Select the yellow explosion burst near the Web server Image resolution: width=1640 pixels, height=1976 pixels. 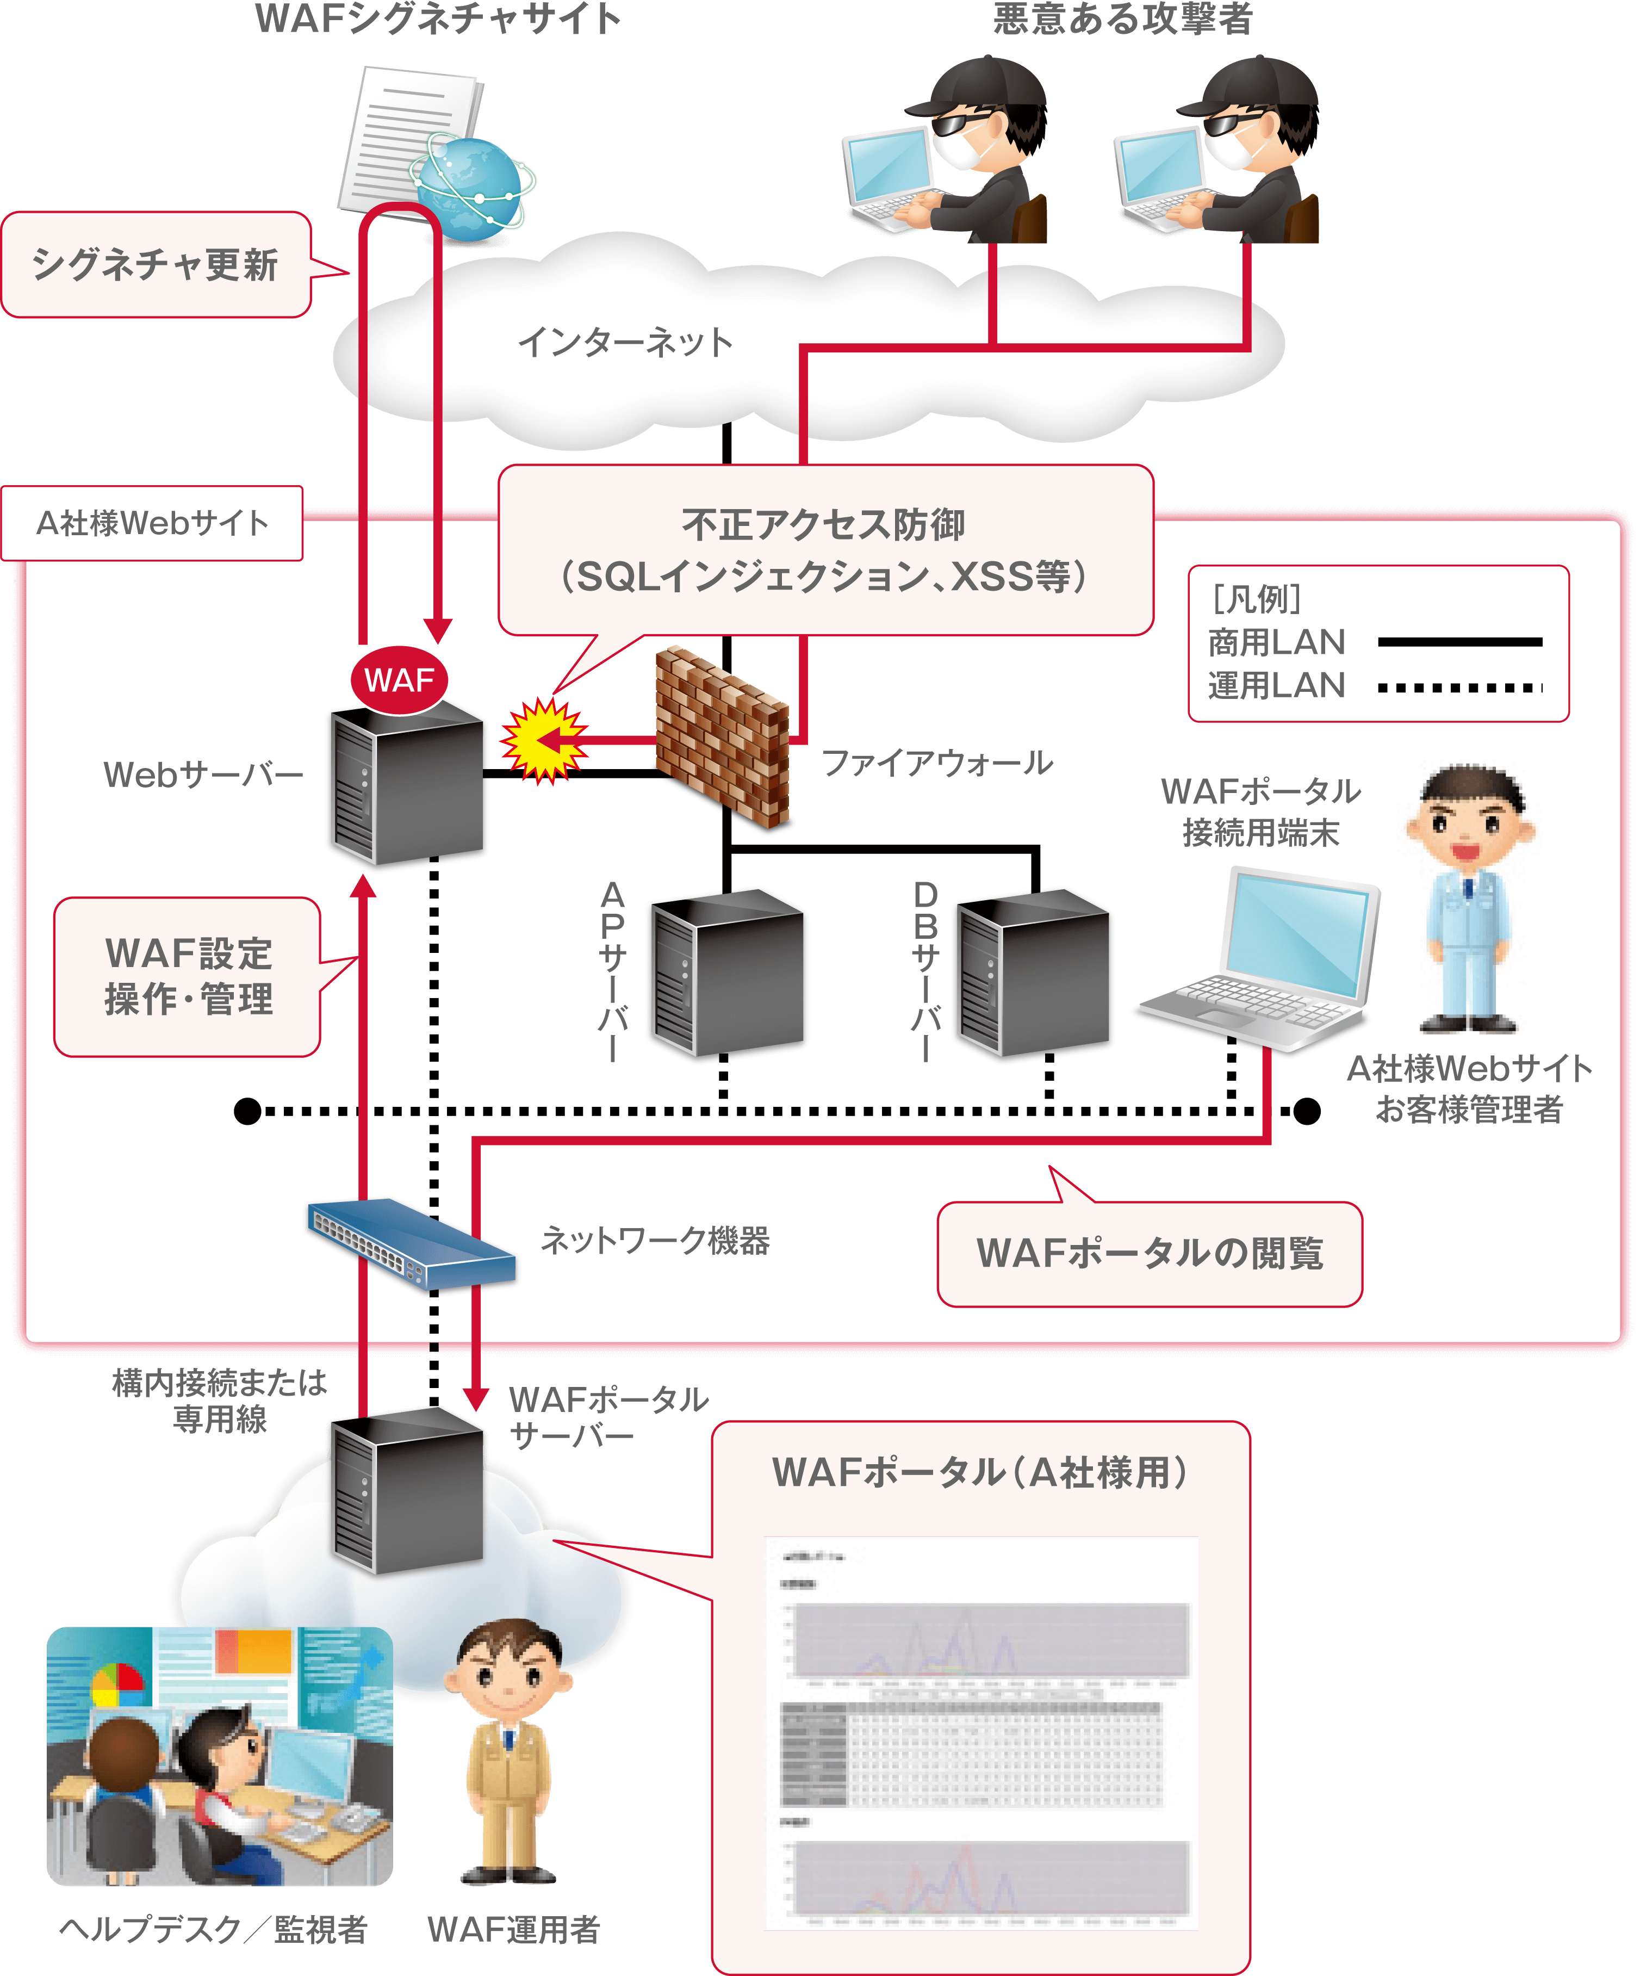tap(544, 741)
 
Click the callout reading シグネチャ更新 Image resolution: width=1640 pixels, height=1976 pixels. tap(156, 264)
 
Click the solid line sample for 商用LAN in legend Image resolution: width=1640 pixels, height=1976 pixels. tap(1459, 642)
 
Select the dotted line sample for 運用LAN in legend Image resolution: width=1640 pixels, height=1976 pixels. tap(1459, 688)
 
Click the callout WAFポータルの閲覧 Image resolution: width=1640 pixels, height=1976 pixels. tap(1149, 1253)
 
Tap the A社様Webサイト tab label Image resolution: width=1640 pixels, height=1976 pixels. tap(152, 523)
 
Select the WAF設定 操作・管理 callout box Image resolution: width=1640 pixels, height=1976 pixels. tap(188, 976)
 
